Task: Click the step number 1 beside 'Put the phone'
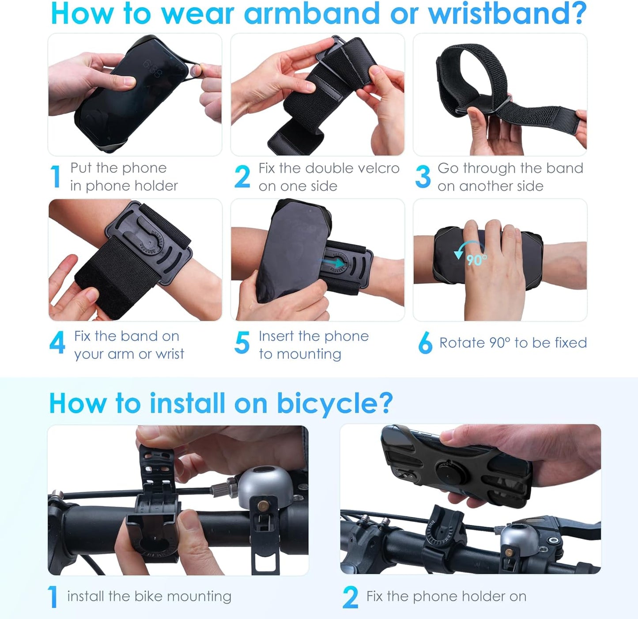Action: coord(56,177)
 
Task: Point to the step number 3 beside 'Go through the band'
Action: coord(423,177)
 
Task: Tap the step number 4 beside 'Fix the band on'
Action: coord(57,343)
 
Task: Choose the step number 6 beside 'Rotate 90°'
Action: coord(425,343)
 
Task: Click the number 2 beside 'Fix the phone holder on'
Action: coord(350,598)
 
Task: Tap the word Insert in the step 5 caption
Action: coord(277,336)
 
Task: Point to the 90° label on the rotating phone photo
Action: coord(476,260)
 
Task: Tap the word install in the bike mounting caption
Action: coord(86,596)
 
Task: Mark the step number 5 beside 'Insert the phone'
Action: coord(242,343)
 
